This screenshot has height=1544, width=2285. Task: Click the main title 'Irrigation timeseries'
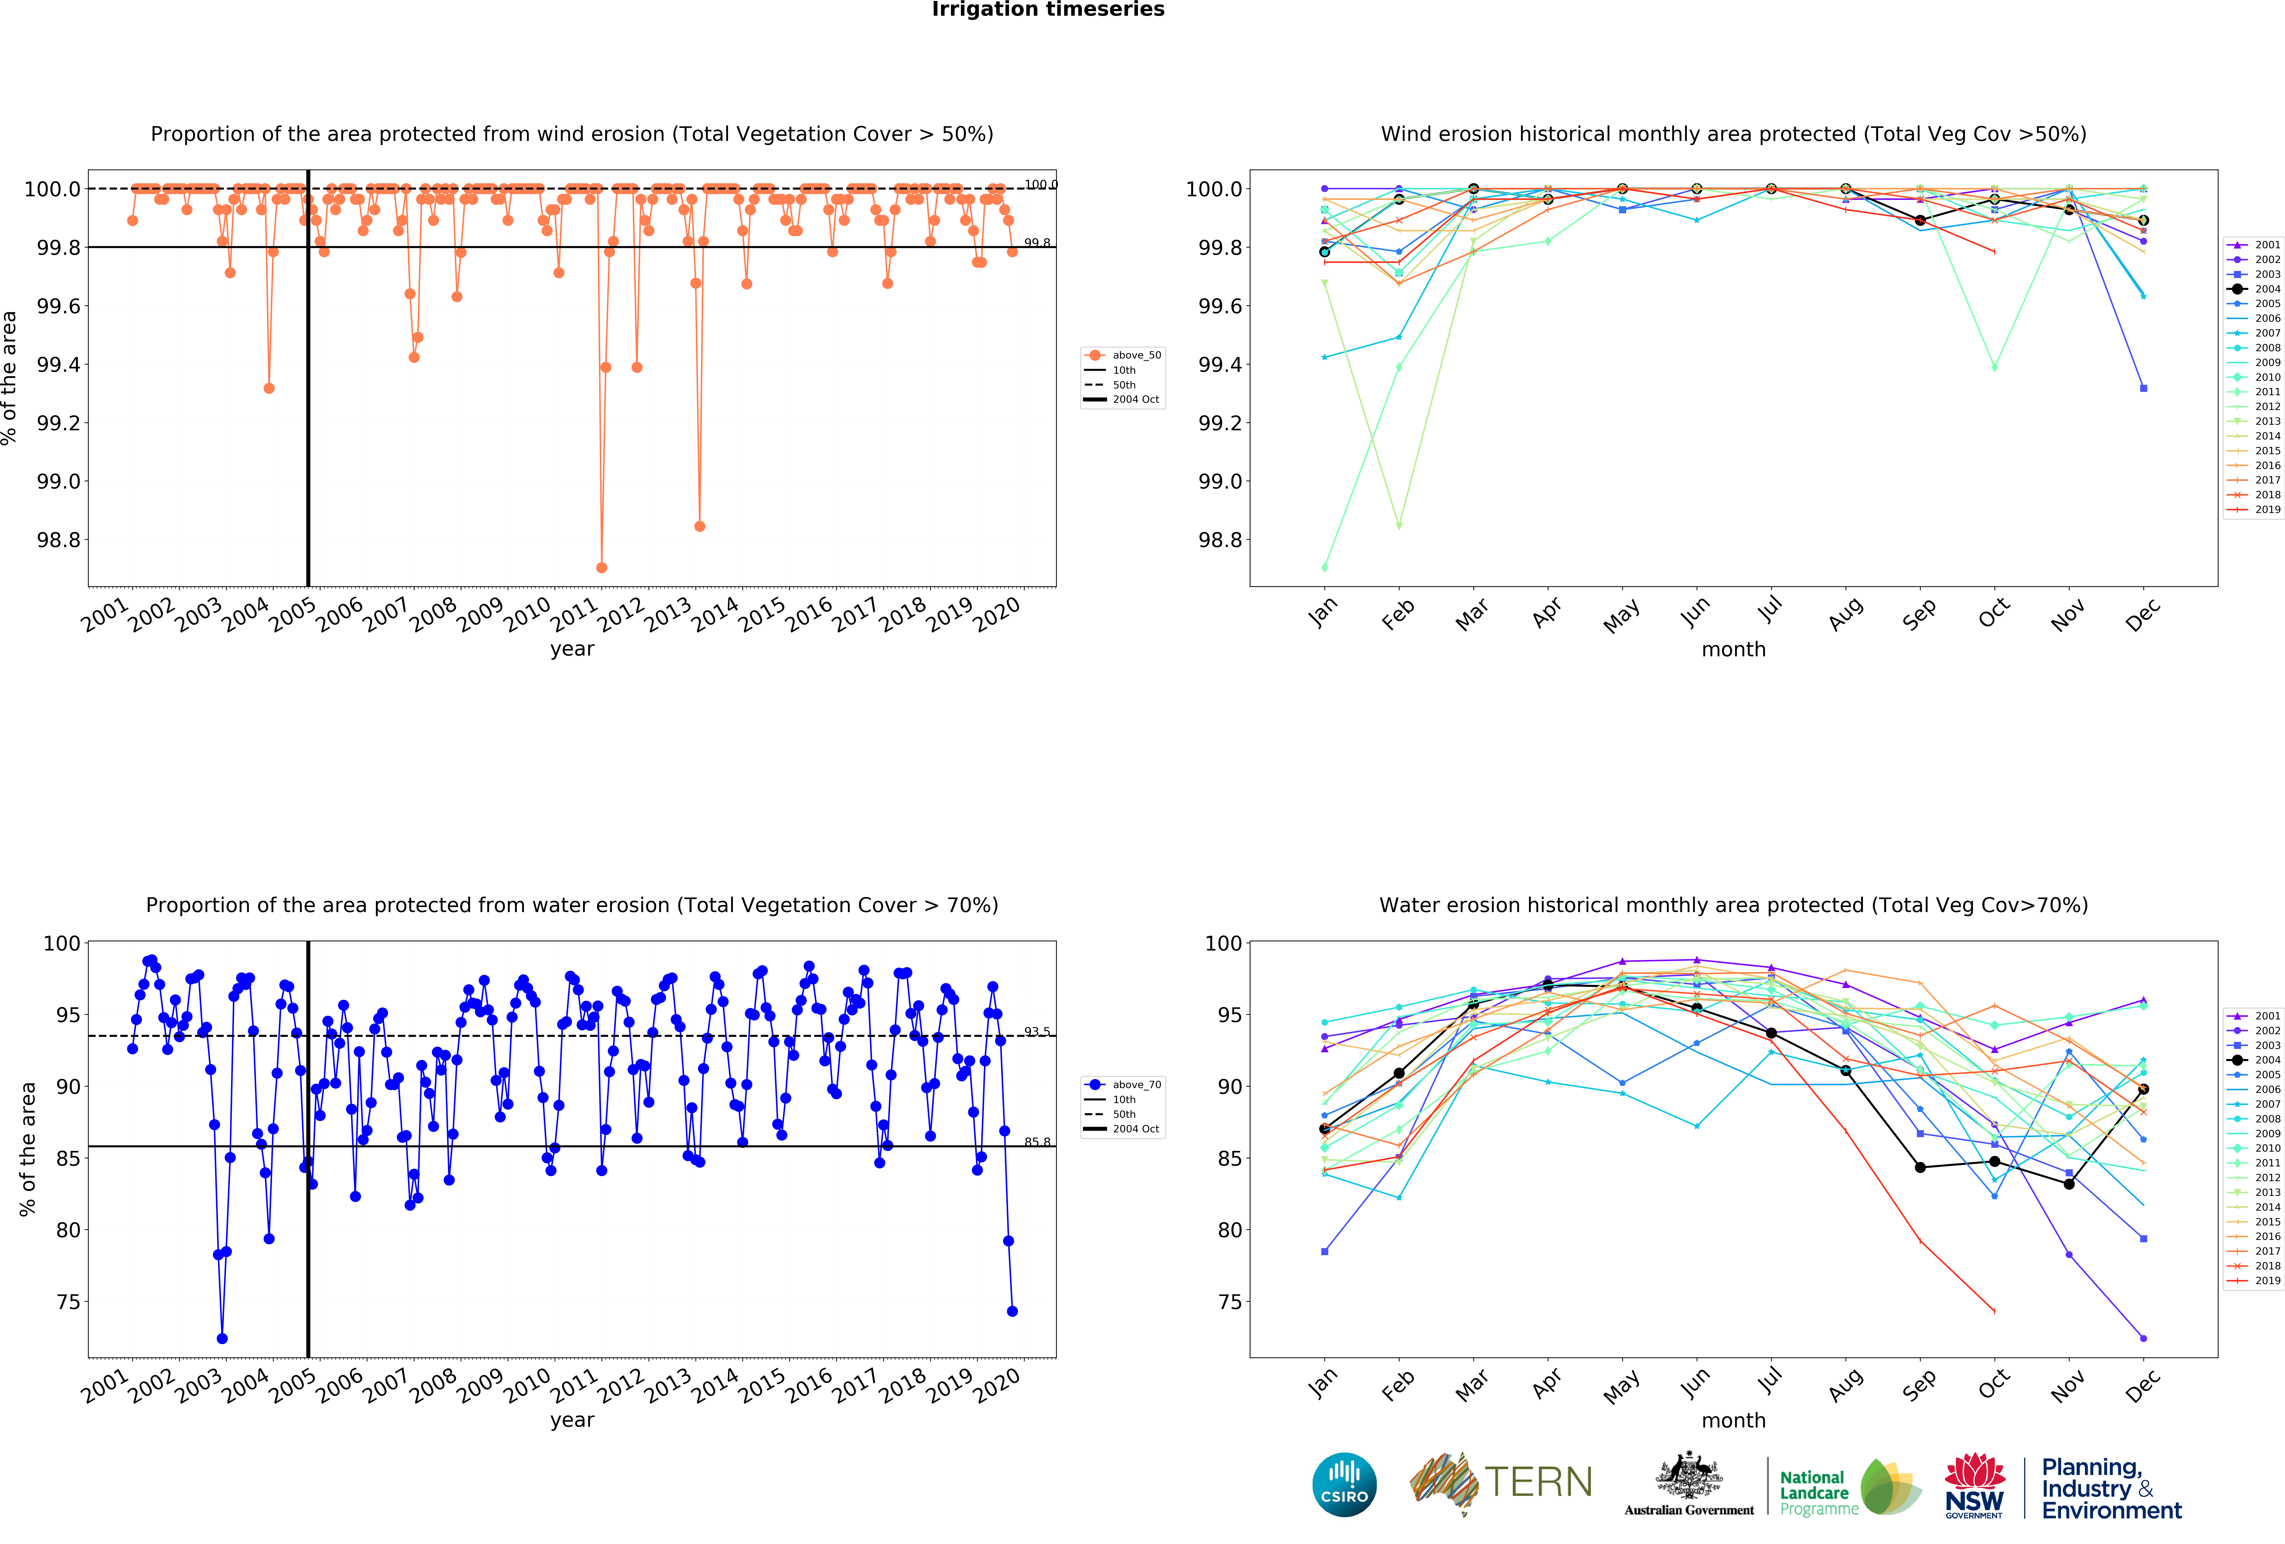(1048, 10)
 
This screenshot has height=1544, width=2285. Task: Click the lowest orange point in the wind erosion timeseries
(602, 567)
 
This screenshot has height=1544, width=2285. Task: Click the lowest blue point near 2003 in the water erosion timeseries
(222, 1339)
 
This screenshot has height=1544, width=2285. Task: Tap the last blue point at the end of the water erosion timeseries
(1012, 1311)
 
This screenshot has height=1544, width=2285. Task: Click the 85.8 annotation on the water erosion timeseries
(1037, 1142)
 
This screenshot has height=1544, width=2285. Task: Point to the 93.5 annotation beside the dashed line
(1037, 1032)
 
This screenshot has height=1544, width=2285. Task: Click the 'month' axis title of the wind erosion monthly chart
(1733, 649)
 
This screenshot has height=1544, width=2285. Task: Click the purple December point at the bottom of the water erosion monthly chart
(2143, 1339)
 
